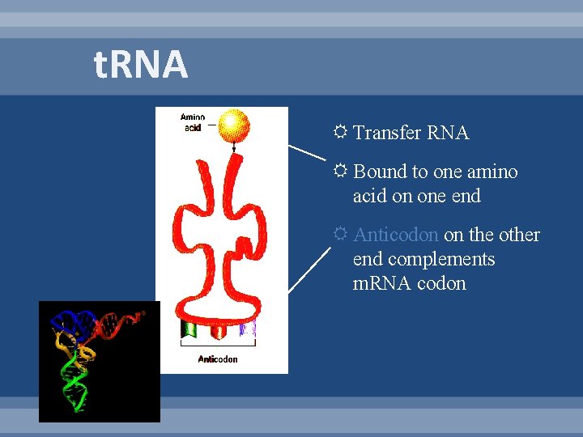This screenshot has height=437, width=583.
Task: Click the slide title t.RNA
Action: [141, 66]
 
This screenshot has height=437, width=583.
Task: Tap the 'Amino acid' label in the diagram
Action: [193, 122]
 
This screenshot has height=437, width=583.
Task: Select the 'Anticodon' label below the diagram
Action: [218, 359]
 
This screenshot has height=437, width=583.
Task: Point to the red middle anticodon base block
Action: [218, 330]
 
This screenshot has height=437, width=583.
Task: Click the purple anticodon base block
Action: [248, 329]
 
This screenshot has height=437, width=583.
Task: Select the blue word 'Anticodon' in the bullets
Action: [396, 235]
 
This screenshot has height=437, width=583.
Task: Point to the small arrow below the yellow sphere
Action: [234, 147]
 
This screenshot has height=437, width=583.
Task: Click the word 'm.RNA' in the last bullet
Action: [381, 283]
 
